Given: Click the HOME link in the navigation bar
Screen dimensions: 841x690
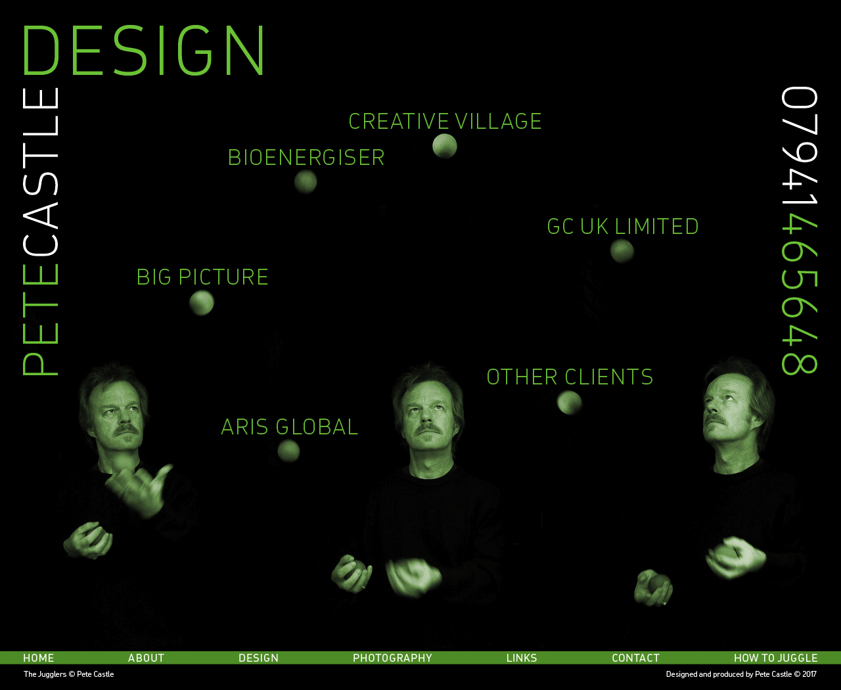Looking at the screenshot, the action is click(x=39, y=658).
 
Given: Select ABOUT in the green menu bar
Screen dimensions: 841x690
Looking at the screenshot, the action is click(x=146, y=658).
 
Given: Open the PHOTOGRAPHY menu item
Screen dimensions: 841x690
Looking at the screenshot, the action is click(x=392, y=658).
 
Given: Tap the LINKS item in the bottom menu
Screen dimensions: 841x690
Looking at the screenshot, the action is click(x=522, y=658).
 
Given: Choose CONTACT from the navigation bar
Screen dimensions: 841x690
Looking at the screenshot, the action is click(x=635, y=658).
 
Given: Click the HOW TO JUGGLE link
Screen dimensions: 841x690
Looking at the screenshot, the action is click(x=775, y=658).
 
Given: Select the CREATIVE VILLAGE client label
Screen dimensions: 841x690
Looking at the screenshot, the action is click(x=445, y=122).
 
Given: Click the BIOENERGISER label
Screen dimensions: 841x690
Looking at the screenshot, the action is click(x=306, y=157).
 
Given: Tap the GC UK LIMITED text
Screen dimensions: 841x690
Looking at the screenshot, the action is click(x=622, y=227).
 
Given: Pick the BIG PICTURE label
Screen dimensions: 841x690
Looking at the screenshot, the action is click(x=202, y=277).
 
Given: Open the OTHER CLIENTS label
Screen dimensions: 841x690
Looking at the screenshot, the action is click(x=570, y=377).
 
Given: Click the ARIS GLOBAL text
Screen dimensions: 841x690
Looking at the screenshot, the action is click(x=290, y=427).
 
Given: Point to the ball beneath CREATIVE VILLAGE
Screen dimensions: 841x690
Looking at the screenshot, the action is click(x=445, y=146).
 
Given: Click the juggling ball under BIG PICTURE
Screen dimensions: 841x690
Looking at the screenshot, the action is click(x=202, y=303).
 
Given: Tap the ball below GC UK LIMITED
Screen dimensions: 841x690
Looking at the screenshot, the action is click(x=622, y=251).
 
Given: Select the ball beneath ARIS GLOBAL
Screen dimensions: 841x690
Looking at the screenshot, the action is click(x=288, y=451).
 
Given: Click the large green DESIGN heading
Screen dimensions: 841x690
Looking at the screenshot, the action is click(x=143, y=50).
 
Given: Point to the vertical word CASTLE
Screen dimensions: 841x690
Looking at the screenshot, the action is click(x=41, y=173).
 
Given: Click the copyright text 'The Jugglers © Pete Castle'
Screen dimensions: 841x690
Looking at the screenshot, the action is click(x=68, y=674).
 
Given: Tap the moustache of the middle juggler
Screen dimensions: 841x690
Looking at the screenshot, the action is click(x=428, y=429).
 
